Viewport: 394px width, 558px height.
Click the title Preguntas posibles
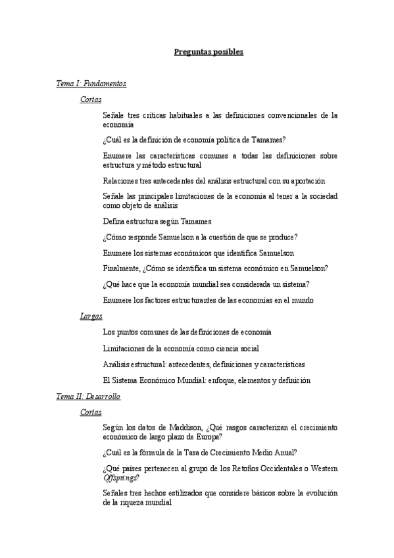click(x=209, y=52)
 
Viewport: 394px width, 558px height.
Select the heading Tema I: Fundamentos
click(x=91, y=84)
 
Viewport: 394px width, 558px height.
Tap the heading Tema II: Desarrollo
click(x=88, y=397)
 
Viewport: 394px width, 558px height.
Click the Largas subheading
click(x=91, y=317)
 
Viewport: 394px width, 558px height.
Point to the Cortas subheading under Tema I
click(x=91, y=100)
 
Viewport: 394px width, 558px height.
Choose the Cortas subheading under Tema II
click(x=91, y=413)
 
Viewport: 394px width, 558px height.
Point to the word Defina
click(x=114, y=221)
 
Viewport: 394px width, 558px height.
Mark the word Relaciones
click(x=121, y=180)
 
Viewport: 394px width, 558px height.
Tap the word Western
click(x=322, y=469)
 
